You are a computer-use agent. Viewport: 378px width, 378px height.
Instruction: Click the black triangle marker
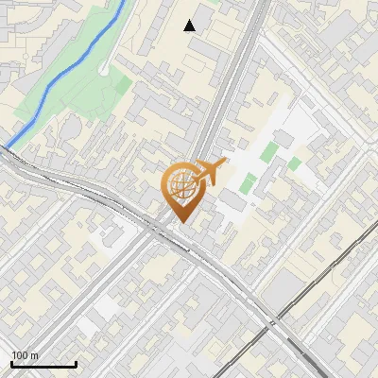[x=190, y=26]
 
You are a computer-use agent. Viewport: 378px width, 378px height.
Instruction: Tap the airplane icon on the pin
[x=210, y=173]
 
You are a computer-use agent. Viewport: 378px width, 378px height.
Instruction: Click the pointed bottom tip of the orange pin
[x=181, y=223]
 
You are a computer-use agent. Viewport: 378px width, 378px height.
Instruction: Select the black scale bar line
[x=43, y=364]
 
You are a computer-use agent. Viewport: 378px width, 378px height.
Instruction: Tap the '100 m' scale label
[x=25, y=354]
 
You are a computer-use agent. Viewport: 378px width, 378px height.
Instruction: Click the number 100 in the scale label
[x=20, y=354]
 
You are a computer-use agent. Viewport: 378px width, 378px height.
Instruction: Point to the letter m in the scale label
[x=34, y=354]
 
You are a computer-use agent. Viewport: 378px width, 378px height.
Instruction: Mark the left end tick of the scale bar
[x=12, y=362]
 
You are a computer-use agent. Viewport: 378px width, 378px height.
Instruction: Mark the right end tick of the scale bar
[x=76, y=362]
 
